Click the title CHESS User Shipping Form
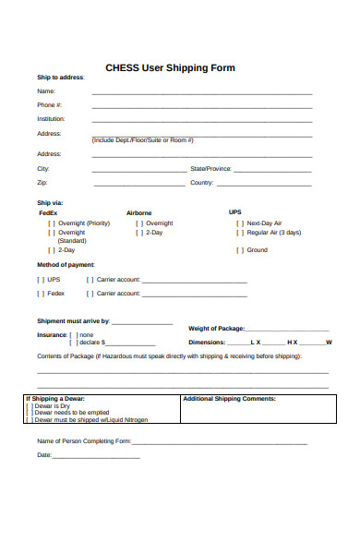[171, 67]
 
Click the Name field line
[201, 93]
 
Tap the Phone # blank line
[201, 107]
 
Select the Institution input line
[201, 121]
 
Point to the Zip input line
[138, 185]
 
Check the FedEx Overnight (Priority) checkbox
[51, 223]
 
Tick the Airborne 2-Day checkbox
[138, 233]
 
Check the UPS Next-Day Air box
[240, 223]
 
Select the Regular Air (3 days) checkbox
[240, 233]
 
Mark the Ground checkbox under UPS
[240, 250]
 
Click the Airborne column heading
[139, 212]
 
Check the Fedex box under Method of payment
[40, 294]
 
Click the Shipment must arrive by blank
[142, 324]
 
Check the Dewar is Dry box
[30, 405]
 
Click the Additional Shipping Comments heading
[230, 399]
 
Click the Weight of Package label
[216, 329]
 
